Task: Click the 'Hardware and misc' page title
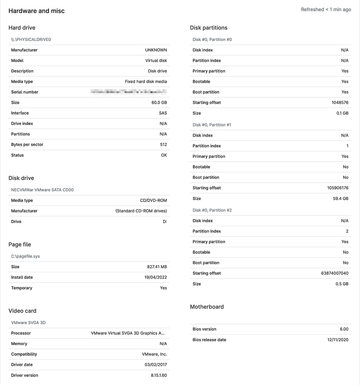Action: (x=36, y=11)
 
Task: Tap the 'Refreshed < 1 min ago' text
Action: (x=326, y=10)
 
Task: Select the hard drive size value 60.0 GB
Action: (x=159, y=102)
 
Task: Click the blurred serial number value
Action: (x=129, y=92)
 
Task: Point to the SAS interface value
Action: (x=163, y=113)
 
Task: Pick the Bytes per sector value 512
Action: (x=163, y=145)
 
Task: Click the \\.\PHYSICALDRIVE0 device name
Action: (x=31, y=40)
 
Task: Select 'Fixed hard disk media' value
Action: (x=146, y=81)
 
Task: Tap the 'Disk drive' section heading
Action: (x=21, y=178)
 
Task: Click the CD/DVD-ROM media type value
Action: (x=153, y=201)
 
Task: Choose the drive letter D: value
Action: (x=165, y=222)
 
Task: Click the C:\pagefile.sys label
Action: (x=25, y=256)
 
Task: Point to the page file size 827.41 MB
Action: (x=154, y=267)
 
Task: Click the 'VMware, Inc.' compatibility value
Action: (x=154, y=354)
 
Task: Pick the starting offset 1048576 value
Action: (x=340, y=102)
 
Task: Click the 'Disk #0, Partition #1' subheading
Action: (x=212, y=125)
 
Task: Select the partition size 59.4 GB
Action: (x=340, y=198)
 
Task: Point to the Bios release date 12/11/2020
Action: (x=337, y=340)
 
